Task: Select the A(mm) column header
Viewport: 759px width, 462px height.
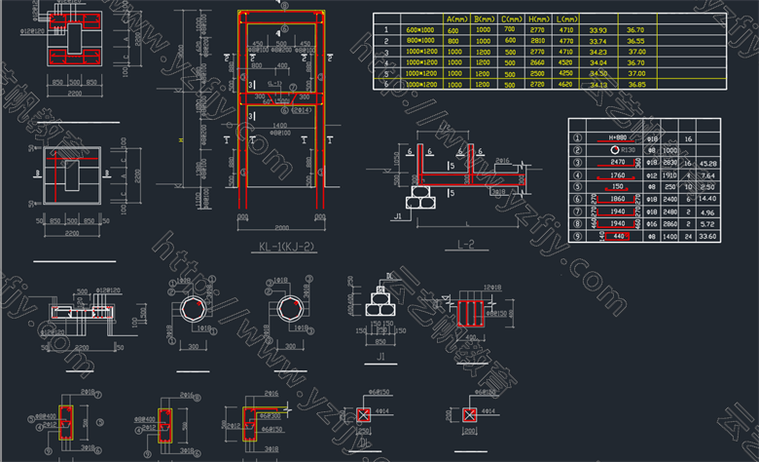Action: tap(453, 19)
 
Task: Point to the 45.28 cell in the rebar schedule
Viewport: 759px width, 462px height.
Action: tap(707, 163)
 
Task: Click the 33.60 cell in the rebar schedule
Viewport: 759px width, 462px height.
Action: tap(707, 235)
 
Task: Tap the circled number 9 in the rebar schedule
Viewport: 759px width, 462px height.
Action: tap(578, 235)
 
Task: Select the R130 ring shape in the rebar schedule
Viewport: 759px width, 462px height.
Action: tap(617, 151)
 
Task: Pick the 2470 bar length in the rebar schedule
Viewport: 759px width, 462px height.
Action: tap(617, 163)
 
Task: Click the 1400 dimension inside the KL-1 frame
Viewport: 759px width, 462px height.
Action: tap(279, 127)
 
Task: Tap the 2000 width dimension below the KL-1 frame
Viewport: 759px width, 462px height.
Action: tap(281, 223)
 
